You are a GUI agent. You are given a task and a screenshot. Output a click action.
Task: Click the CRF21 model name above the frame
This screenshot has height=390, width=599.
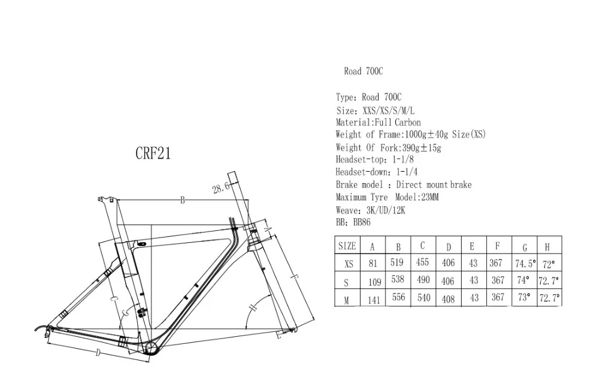(x=153, y=153)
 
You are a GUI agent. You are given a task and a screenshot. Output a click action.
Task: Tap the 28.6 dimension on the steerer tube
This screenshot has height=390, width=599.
(x=221, y=187)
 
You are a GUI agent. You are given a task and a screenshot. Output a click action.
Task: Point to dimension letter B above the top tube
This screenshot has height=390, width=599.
(x=183, y=200)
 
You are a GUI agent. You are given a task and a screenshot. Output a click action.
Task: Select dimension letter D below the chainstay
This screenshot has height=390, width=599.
(x=98, y=353)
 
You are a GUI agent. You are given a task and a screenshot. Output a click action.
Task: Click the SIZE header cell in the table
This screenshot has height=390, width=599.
(x=347, y=246)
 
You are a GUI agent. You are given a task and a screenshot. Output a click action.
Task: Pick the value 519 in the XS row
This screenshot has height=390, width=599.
(x=397, y=262)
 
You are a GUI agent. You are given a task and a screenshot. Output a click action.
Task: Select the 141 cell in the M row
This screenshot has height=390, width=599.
(x=374, y=300)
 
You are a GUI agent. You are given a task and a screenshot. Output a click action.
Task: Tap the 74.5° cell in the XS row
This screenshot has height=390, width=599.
(x=525, y=264)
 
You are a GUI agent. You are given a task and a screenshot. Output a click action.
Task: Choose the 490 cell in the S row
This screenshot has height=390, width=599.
(x=423, y=280)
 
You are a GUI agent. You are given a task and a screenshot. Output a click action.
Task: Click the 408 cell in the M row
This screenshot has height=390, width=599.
(x=448, y=299)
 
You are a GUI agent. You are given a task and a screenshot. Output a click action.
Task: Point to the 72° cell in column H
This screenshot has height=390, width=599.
(x=549, y=264)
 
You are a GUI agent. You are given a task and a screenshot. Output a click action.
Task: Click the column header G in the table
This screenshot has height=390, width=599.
(x=525, y=248)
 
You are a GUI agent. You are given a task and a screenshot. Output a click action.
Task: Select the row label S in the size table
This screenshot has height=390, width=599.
(x=346, y=283)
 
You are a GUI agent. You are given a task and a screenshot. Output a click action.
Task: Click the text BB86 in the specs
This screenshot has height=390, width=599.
(x=362, y=222)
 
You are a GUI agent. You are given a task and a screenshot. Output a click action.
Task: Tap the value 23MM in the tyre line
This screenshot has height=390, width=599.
(x=429, y=197)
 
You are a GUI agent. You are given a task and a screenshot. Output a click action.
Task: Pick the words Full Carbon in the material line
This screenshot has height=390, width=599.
(x=398, y=123)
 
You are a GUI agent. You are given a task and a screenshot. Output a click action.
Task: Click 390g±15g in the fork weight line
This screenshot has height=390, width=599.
(x=422, y=148)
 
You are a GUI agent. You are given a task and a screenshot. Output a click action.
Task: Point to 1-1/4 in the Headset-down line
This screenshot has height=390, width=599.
(x=407, y=172)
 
